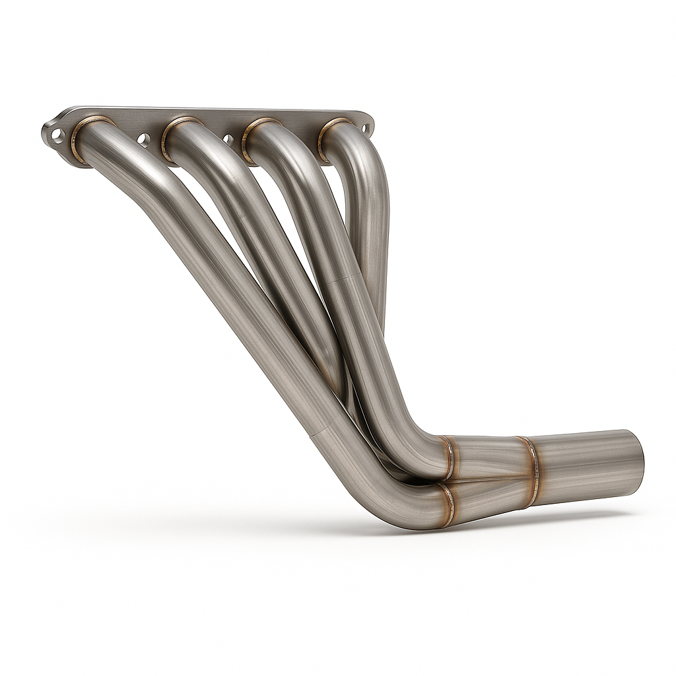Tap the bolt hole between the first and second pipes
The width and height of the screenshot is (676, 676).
click(x=142, y=139)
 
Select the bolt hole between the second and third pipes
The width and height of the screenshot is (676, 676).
click(x=228, y=139)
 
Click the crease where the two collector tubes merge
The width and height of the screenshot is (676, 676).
click(x=489, y=481)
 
